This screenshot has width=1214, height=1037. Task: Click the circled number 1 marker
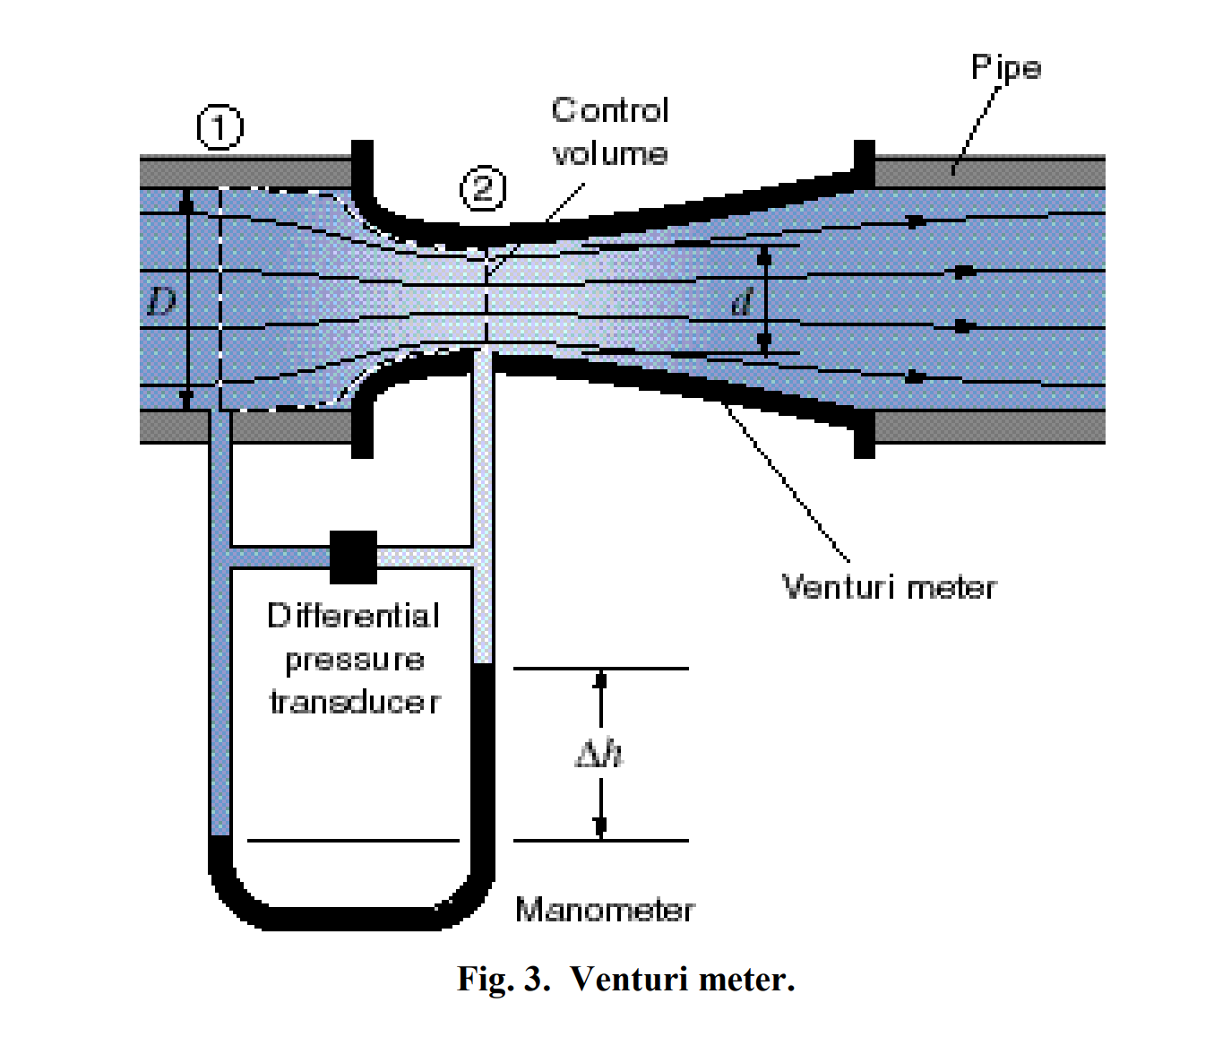220,127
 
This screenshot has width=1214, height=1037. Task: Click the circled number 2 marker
483,189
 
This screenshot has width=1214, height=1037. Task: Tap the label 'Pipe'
1005,68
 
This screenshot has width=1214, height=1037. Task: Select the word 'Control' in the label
610,110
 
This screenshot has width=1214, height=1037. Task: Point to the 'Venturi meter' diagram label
889,587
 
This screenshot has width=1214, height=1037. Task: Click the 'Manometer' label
605,910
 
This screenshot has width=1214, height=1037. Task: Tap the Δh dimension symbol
598,753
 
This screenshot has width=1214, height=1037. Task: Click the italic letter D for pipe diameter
161,301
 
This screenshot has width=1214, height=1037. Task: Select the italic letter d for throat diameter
741,302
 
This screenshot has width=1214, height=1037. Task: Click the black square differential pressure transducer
353,557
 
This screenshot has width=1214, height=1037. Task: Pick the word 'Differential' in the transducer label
353,616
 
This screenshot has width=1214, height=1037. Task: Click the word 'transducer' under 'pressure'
355,702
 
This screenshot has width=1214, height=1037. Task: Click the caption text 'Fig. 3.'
503,979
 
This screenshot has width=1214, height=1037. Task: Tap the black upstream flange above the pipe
362,161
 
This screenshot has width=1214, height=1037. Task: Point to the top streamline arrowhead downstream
915,221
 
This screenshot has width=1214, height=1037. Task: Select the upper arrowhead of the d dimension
764,256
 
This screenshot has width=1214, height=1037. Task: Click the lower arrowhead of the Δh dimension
600,828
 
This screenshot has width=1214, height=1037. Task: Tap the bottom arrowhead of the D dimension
186,398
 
